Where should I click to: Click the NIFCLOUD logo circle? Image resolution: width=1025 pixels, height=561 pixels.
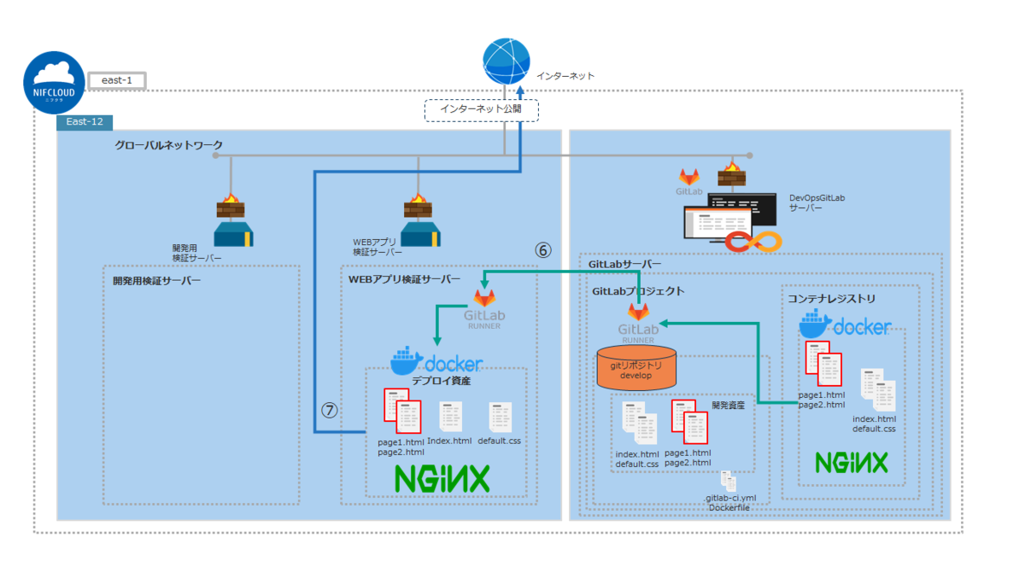[x=55, y=83]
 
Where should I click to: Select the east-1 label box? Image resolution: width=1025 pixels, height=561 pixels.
[x=117, y=80]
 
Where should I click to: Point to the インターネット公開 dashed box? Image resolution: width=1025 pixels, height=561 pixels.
[x=482, y=109]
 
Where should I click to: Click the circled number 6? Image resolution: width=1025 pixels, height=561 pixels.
[x=543, y=250]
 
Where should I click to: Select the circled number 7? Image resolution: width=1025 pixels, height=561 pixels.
[x=330, y=410]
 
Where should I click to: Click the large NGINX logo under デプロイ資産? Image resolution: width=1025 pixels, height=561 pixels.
[x=442, y=478]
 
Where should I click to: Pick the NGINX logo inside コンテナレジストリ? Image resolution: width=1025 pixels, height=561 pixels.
[x=852, y=463]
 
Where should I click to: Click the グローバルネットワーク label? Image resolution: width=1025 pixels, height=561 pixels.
[x=169, y=146]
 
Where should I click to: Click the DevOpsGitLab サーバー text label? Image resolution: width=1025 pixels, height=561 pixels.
[x=817, y=202]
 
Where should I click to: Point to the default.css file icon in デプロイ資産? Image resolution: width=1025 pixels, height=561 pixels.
[x=501, y=417]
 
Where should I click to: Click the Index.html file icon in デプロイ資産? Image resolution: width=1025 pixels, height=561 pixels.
[x=450, y=417]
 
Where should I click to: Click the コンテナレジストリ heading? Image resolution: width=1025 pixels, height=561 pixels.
[x=831, y=299]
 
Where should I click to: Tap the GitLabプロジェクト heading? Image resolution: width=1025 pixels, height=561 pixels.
[x=638, y=291]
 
